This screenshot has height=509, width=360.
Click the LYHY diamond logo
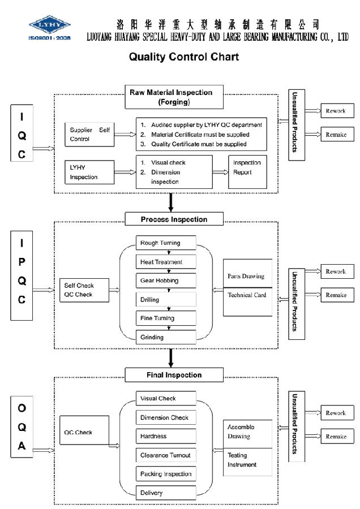tap(50, 24)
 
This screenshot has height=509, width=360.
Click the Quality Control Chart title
tap(184, 57)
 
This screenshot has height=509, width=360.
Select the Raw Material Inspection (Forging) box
tap(174, 97)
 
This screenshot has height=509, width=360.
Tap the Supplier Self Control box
tap(89, 135)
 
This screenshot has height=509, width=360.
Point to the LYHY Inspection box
tap(89, 172)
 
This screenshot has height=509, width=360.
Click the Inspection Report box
tap(247, 172)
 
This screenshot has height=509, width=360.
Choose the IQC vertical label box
tap(22, 133)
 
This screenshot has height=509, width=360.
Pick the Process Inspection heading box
tap(174, 219)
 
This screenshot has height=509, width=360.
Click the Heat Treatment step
tap(166, 262)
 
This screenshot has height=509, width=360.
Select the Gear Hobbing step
tap(166, 281)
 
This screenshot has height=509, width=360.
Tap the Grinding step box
tap(166, 337)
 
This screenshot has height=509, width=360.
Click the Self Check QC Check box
tap(84, 290)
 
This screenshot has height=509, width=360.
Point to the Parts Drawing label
tap(246, 276)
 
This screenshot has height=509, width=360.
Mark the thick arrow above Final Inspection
tap(171, 358)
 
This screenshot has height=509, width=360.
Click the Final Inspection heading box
tap(174, 375)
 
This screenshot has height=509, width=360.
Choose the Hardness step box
tap(166, 436)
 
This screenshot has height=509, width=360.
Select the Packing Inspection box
tap(166, 474)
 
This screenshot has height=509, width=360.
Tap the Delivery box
tap(166, 493)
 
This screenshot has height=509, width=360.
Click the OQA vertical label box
tap(22, 427)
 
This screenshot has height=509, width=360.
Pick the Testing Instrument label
tap(242, 460)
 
